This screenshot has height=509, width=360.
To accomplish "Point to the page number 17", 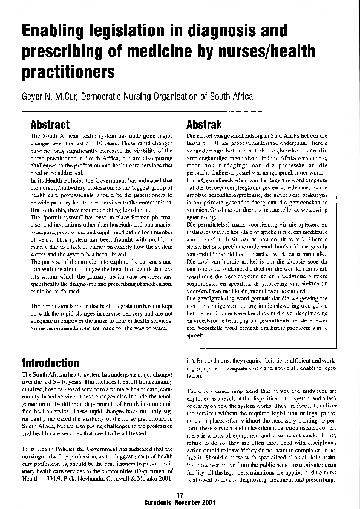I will tap(180, 495).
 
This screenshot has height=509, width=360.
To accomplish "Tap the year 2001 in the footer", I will tap(206, 502).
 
